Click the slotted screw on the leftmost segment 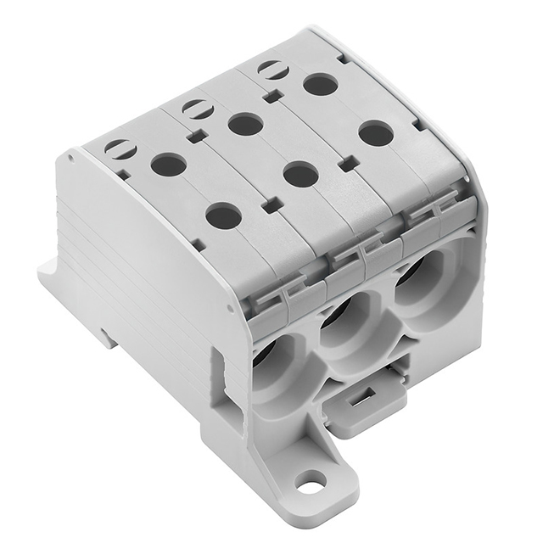click(120, 148)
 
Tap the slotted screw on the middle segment click(197, 109)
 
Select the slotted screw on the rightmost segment click(273, 70)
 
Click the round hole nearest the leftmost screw click(169, 164)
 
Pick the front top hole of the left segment click(223, 216)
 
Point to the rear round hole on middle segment click(246, 125)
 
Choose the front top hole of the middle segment click(300, 175)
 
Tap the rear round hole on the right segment click(321, 84)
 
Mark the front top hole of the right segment click(376, 133)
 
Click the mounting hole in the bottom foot click(311, 481)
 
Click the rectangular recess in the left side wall click(217, 373)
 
